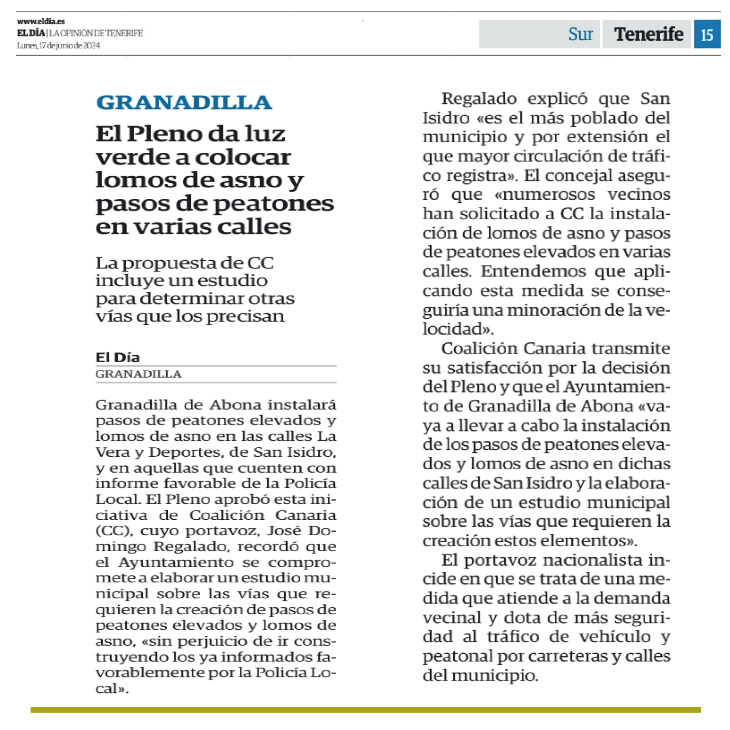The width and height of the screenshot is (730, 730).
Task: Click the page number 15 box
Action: [x=707, y=34]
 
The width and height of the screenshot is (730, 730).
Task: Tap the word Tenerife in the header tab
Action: [x=648, y=34]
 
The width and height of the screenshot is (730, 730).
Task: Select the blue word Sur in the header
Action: [x=580, y=34]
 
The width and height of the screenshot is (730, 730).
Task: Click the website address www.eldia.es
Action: [x=41, y=21]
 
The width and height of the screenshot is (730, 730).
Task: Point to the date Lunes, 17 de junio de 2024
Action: [x=59, y=45]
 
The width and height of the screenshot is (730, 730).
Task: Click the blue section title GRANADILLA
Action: [x=184, y=102]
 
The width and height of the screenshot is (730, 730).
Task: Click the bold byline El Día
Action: [x=118, y=357]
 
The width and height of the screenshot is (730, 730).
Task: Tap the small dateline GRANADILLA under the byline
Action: [x=138, y=374]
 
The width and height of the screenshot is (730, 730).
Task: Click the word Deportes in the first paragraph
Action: [x=185, y=452]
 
